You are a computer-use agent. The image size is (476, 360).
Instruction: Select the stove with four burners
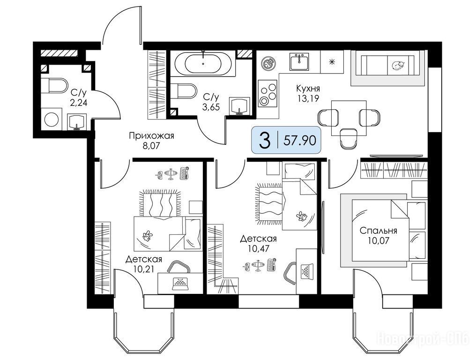[268, 93]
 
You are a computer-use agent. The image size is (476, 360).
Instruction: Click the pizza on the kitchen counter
[268, 63]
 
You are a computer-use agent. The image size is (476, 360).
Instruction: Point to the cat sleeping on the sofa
[398, 65]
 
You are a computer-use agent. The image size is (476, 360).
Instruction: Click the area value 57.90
[300, 140]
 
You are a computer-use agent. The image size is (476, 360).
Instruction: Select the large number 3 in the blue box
[265, 140]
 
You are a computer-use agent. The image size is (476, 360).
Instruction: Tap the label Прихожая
[151, 135]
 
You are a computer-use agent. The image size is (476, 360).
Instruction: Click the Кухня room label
[308, 89]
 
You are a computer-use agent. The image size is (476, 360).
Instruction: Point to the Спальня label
[378, 231]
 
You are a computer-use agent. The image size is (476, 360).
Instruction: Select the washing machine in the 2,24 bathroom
[51, 119]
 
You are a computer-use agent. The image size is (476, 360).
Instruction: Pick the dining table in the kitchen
[349, 118]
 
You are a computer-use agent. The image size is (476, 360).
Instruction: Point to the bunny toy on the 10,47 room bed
[301, 216]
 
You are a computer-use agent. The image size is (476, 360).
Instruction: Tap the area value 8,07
[151, 146]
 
